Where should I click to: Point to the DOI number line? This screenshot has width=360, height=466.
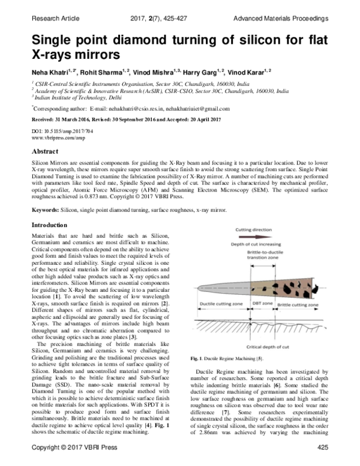(58, 130)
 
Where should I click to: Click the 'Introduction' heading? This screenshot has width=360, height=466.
(50, 225)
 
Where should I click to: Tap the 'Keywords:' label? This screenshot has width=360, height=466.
(44, 211)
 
